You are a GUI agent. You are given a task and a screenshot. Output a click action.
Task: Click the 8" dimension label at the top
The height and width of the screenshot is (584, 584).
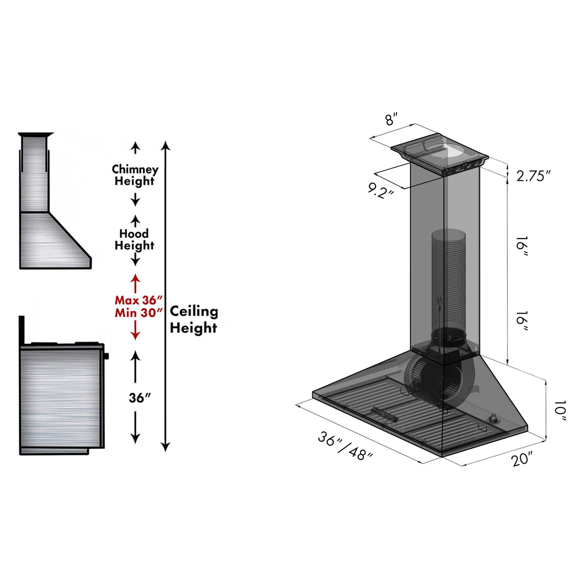click(392, 119)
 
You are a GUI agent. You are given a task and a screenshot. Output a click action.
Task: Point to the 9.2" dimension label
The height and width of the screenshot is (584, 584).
click(381, 190)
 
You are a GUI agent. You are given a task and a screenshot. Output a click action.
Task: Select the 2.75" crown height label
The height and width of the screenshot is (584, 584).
click(533, 176)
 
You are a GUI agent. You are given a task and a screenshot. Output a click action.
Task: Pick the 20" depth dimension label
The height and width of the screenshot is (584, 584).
click(522, 458)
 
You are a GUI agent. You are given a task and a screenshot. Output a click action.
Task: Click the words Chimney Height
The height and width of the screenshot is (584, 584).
click(135, 175)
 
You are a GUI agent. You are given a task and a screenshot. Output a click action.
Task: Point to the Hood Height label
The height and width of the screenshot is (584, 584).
click(134, 240)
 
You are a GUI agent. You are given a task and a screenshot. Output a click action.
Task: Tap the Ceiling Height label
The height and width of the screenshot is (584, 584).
click(193, 319)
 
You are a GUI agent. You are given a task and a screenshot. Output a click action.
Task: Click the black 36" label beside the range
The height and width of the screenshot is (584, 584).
click(140, 398)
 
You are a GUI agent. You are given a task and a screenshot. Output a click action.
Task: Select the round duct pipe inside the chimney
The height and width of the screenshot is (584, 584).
click(448, 279)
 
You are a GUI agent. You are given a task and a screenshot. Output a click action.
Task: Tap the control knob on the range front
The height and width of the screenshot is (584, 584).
click(106, 356)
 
